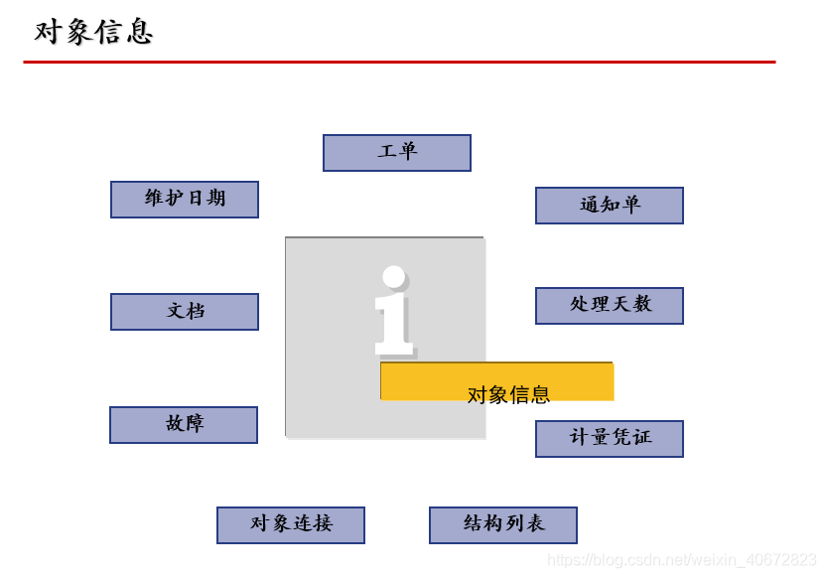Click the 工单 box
pos(396,153)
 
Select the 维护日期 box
pos(185,199)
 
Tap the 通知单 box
pos(609,206)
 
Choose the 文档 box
pos(185,311)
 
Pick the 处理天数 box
pos(609,305)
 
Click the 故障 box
pos(184,424)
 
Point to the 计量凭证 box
pos(609,438)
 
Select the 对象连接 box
pos(291,524)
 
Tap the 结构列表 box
pos(502,524)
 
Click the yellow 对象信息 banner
pos(496,382)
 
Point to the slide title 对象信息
pos(93,32)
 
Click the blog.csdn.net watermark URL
pos(682,561)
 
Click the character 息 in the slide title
pos(140,32)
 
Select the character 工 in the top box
pos(386,152)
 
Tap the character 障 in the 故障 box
pos(195,424)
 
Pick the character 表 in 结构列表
pos(535,523)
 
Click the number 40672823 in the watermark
pos(780,561)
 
